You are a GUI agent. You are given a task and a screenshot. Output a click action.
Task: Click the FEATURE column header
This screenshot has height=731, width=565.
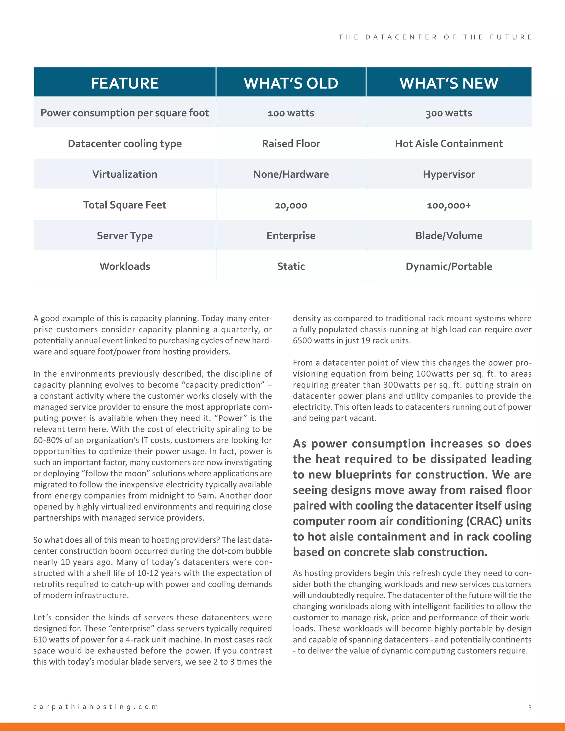[x=124, y=83]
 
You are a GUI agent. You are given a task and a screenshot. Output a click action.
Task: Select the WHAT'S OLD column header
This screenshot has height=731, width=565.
[x=291, y=83]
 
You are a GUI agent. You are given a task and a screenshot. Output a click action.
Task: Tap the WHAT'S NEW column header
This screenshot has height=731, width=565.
[x=449, y=83]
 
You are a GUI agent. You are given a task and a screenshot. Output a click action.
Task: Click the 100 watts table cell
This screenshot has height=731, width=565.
[x=291, y=113]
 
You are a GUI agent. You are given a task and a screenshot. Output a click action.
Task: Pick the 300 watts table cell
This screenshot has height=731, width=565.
[x=449, y=113]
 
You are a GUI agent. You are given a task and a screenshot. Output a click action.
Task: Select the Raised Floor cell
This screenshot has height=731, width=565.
[x=291, y=144]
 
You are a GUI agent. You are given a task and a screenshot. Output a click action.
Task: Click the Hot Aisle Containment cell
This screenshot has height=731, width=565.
[x=449, y=144]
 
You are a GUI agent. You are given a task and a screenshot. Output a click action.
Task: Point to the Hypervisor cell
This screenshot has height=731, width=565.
[x=449, y=174]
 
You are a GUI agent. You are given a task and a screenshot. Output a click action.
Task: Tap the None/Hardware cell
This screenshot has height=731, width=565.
[x=291, y=174]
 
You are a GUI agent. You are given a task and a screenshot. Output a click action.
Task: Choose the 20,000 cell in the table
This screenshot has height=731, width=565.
[x=291, y=205]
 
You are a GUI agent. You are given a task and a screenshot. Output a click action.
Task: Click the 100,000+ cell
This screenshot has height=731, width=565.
[x=449, y=205]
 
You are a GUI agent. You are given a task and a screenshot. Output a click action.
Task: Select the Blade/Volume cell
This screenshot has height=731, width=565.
[x=449, y=236]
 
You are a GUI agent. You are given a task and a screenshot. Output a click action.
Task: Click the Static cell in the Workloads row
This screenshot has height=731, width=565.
[x=291, y=266]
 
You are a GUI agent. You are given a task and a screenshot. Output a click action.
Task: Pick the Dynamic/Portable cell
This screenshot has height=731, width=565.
[x=449, y=266]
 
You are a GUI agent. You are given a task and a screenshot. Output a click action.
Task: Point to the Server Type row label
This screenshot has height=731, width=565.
[x=124, y=236]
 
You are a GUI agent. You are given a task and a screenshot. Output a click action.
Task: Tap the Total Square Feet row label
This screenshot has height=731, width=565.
[x=124, y=205]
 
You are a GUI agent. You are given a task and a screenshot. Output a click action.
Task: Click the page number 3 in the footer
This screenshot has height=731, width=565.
[x=529, y=708]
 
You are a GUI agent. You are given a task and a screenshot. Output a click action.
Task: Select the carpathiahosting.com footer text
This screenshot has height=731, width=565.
[x=95, y=706]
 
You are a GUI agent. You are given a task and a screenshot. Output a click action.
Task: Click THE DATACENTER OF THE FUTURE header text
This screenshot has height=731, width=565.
[x=435, y=37]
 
